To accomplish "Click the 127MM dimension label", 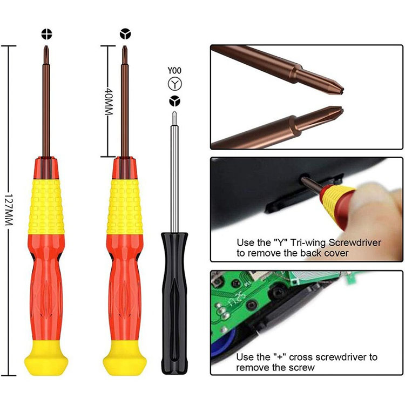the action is [9, 210].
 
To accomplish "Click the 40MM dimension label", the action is [109, 102].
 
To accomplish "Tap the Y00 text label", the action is [174, 71].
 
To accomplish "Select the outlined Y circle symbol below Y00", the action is [175, 84].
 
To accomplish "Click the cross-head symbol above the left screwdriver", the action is [46, 34].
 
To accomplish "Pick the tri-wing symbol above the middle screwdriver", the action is [125, 34].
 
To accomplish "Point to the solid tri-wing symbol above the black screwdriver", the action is [175, 101].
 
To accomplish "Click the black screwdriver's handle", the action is [174, 303].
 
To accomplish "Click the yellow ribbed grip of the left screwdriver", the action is [46, 207].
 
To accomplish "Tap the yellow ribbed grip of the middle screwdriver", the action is [125, 207].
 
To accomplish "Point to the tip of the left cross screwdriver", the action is [46, 46].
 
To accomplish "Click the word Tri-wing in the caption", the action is [308, 243].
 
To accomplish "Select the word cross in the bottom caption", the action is [301, 357].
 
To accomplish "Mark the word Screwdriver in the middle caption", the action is [355, 243].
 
